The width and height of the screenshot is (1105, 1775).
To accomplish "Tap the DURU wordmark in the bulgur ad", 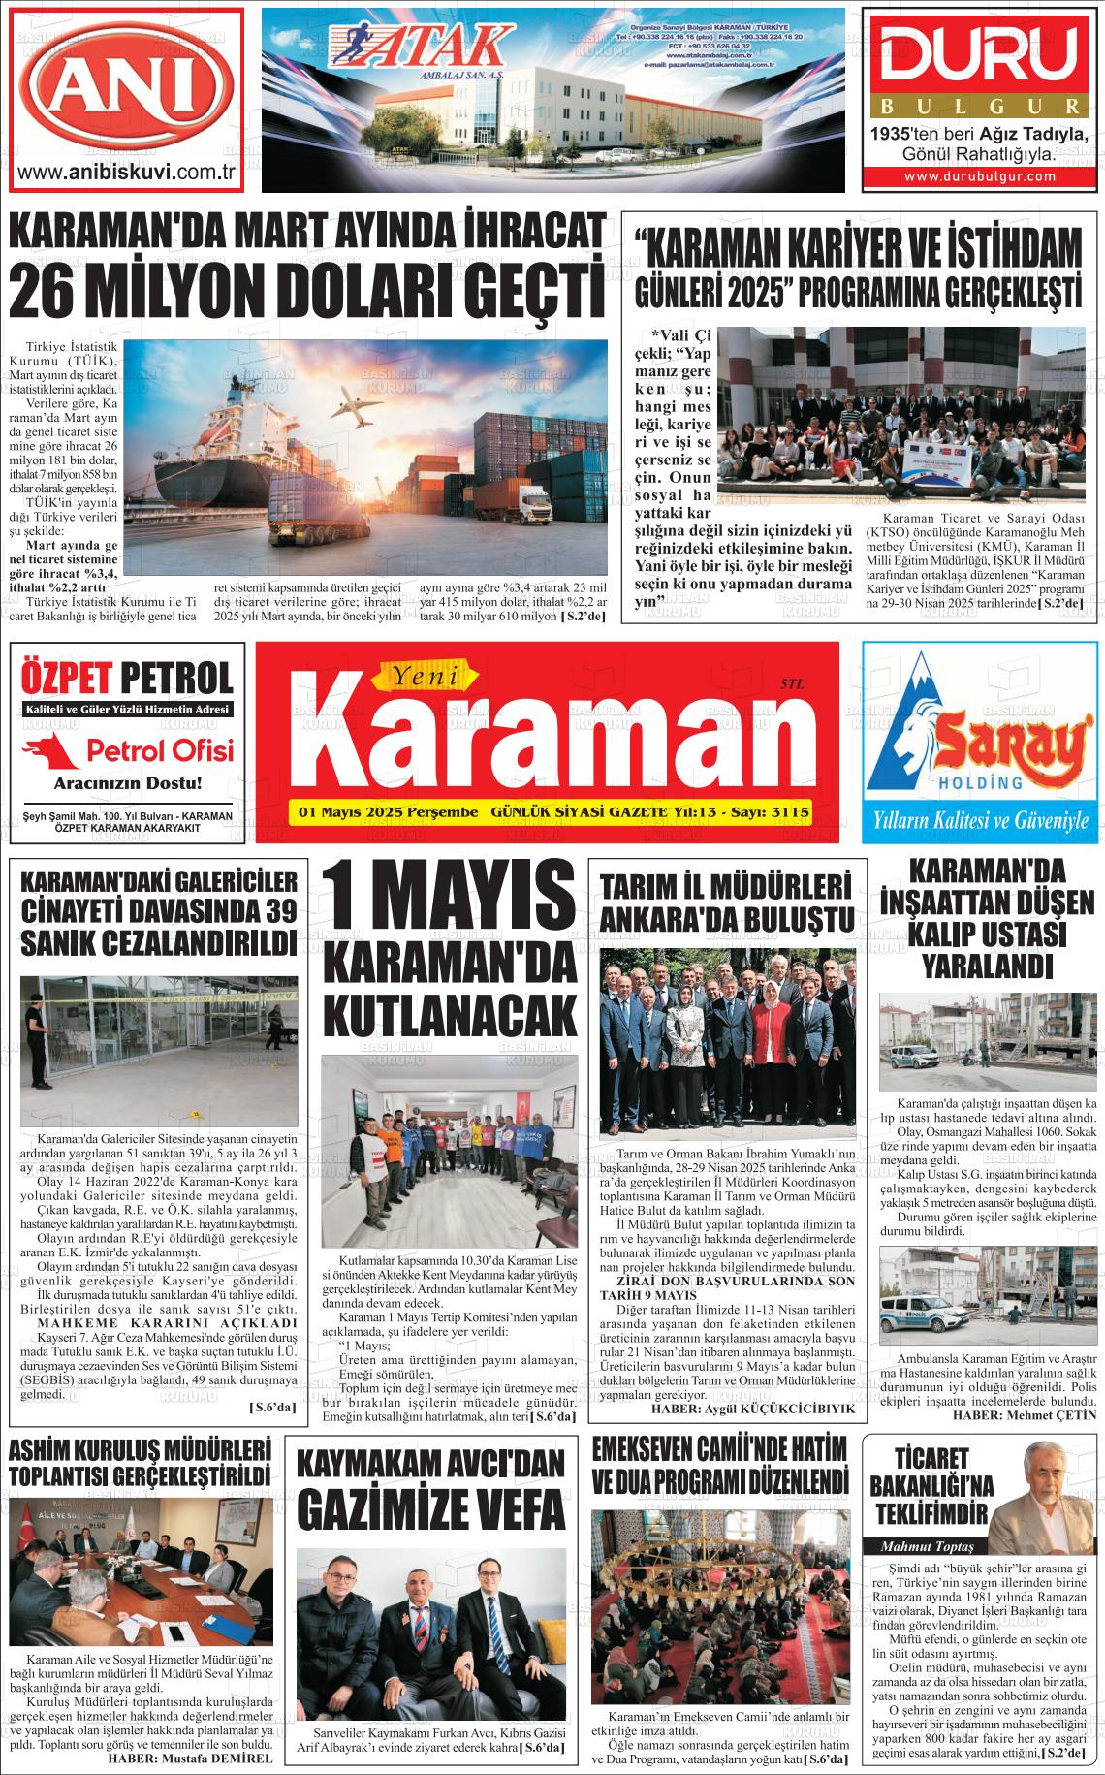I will (981, 56).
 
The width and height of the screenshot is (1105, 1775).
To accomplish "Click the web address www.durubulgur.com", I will (980, 176).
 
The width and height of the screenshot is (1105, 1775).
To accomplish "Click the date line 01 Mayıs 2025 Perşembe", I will (389, 811).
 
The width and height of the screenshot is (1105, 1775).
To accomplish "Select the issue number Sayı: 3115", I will (774, 811).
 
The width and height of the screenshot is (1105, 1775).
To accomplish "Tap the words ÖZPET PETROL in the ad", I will (126, 677).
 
